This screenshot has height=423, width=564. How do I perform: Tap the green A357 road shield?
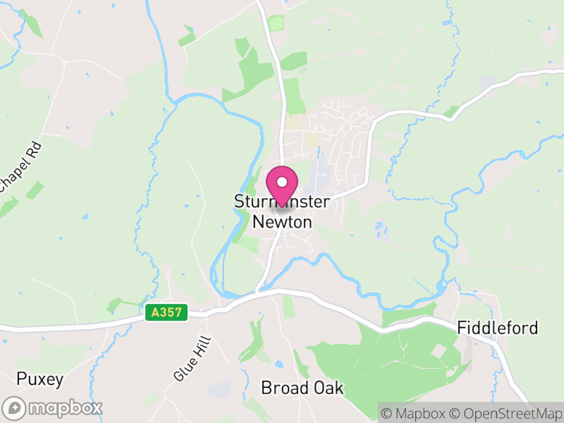[x=167, y=312]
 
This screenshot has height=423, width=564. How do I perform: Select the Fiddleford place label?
[x=497, y=328]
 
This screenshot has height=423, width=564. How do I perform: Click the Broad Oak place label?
[x=302, y=388]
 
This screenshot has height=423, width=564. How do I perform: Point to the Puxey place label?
[x=40, y=379]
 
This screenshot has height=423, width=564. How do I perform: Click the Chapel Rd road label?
[x=20, y=166]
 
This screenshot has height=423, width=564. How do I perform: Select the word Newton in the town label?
[x=282, y=221]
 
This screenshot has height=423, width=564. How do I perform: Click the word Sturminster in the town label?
[x=282, y=202]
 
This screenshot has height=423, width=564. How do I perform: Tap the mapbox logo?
[x=54, y=407]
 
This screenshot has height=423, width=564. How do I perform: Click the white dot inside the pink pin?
[x=282, y=182]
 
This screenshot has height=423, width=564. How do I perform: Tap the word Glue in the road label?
[x=181, y=371]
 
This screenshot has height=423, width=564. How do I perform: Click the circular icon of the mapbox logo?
[x=14, y=407]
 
